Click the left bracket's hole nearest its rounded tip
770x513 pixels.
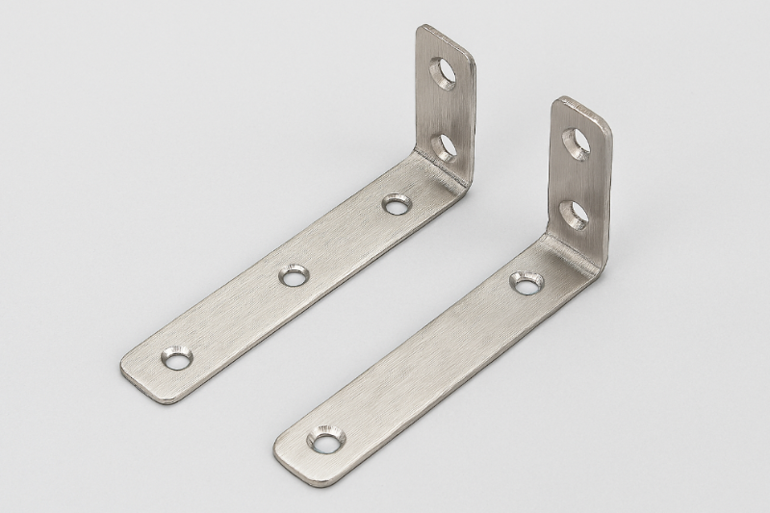176,357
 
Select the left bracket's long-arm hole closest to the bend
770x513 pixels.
396,204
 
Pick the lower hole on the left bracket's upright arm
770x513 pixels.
443,145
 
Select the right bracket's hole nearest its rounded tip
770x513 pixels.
325,440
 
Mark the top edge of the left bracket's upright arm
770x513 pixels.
446,34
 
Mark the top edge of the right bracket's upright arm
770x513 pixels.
581,104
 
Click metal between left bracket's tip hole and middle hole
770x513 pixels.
234,318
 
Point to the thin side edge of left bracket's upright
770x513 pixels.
471,125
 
